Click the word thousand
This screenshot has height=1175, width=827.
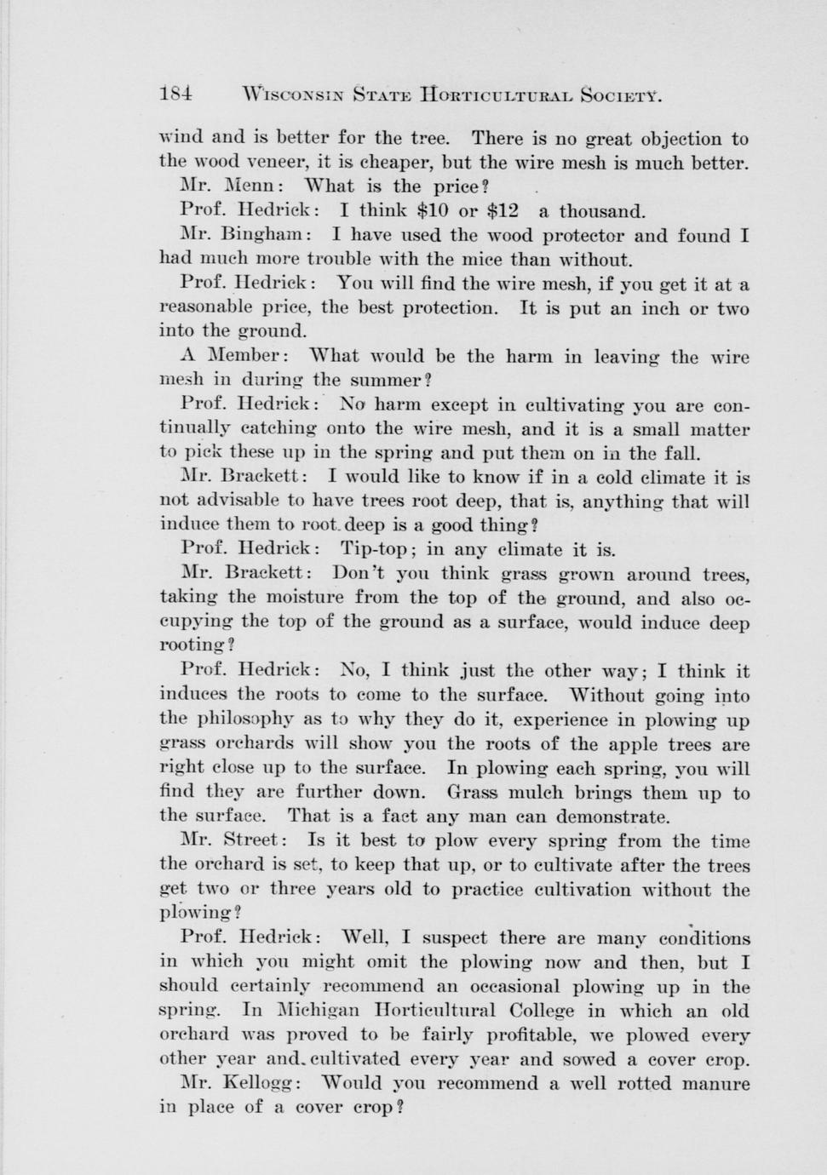click(x=601, y=211)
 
